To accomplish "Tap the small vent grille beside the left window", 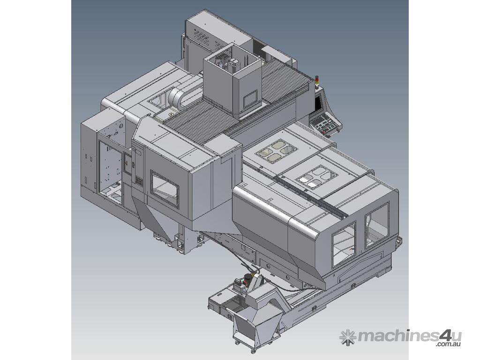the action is pos(139,181).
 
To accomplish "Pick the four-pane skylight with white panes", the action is pos(317,176).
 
